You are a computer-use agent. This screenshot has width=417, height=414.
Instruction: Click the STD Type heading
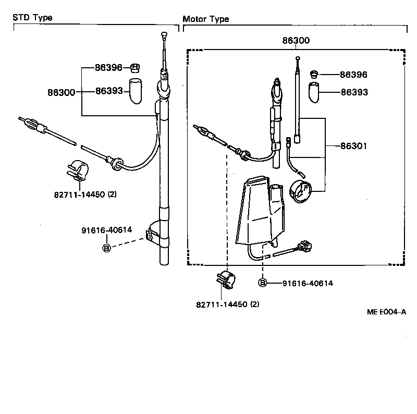click(x=32, y=17)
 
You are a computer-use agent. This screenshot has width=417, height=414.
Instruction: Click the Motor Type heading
click(x=206, y=19)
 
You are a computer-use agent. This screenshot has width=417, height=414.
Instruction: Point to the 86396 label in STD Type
click(x=108, y=67)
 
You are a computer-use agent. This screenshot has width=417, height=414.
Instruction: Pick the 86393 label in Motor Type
click(x=354, y=92)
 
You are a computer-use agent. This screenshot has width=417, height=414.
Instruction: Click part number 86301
click(x=354, y=147)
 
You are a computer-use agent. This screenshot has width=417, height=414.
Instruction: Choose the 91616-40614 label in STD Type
click(x=106, y=230)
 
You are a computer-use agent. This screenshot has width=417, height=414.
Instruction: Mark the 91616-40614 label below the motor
click(x=308, y=283)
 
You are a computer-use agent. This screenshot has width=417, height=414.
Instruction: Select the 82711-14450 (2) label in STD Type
click(x=85, y=194)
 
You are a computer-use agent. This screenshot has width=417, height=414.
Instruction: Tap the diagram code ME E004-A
click(x=386, y=312)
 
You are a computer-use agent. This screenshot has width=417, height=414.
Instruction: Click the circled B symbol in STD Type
click(x=106, y=248)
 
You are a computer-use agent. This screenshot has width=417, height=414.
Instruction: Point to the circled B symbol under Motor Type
click(x=263, y=283)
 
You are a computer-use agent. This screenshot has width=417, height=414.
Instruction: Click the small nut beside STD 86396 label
click(x=135, y=67)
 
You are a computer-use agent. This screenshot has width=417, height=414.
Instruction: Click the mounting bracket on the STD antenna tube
click(x=156, y=233)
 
